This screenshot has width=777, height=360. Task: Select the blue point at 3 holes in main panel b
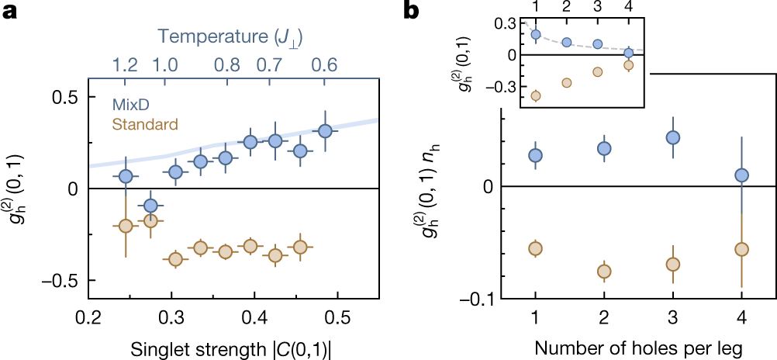point(673,137)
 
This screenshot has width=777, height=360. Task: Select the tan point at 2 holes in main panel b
point(604,272)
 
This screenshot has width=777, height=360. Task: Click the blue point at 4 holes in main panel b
point(741,175)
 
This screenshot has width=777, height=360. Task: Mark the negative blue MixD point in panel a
point(150,206)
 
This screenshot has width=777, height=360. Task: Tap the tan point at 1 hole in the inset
point(535,96)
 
